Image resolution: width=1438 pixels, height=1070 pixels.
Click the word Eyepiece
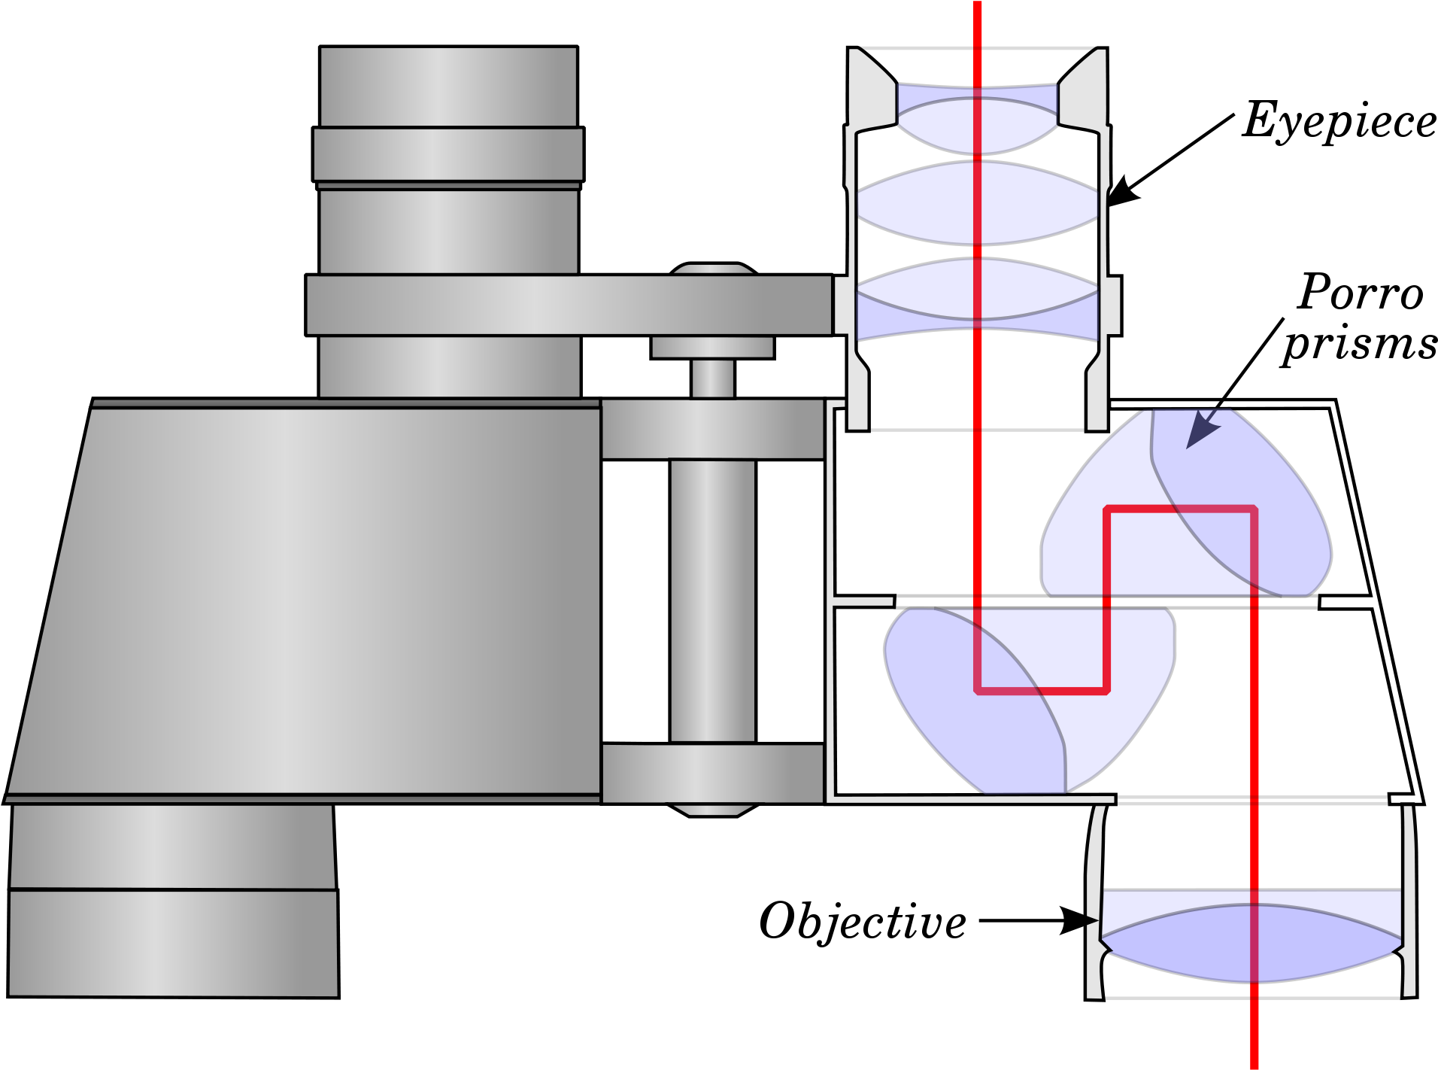click(1339, 120)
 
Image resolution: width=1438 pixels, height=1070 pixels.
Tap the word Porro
click(1361, 292)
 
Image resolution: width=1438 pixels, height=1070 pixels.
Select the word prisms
click(1360, 345)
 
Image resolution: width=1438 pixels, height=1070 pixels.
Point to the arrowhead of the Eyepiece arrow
click(1123, 191)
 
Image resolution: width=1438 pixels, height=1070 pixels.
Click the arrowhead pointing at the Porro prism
click(1202, 433)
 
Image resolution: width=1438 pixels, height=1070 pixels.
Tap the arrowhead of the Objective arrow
click(1080, 920)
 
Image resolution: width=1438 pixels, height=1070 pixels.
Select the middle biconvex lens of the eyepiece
click(978, 202)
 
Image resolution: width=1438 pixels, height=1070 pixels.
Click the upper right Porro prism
click(1187, 503)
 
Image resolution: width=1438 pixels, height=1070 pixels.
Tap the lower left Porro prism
click(1029, 700)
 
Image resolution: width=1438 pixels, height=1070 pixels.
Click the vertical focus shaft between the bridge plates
click(712, 600)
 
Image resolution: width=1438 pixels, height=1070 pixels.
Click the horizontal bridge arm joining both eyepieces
click(569, 305)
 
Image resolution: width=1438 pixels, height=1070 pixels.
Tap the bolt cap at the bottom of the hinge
click(712, 810)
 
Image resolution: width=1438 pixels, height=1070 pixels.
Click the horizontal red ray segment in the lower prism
click(1042, 690)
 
